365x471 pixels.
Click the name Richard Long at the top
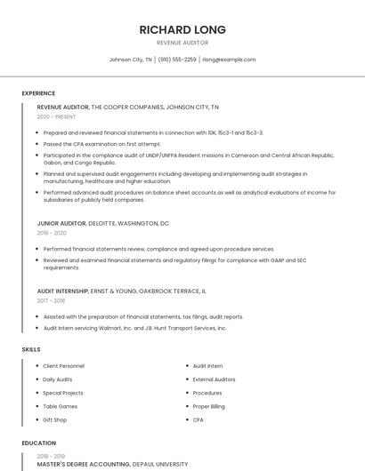(x=182, y=29)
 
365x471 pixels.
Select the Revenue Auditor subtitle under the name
(x=182, y=43)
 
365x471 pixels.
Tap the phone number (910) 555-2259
(x=177, y=60)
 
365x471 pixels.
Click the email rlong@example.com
(x=229, y=60)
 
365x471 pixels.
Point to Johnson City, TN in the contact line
(x=131, y=60)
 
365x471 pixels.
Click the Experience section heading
(x=38, y=93)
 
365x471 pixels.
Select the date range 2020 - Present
(x=57, y=117)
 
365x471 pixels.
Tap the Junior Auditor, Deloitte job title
(x=102, y=223)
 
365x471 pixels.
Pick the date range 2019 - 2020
(x=52, y=233)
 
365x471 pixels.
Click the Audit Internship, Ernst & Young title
(x=121, y=291)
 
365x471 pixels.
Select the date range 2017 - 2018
(x=52, y=300)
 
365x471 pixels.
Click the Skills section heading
(x=31, y=349)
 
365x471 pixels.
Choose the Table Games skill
(x=61, y=406)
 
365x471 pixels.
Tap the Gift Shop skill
(x=55, y=419)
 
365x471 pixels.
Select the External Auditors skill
(x=214, y=379)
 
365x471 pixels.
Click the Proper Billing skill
(x=208, y=406)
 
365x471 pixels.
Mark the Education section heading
(x=37, y=443)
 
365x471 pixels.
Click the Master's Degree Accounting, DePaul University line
(x=112, y=464)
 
